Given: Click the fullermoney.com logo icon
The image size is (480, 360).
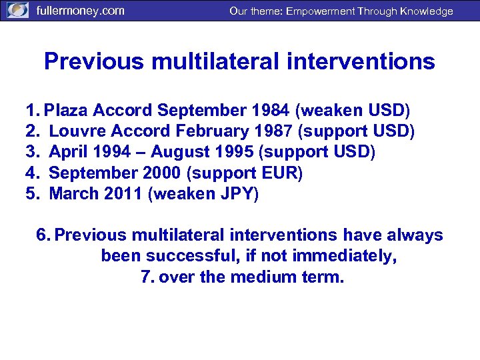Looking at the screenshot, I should (x=18, y=11).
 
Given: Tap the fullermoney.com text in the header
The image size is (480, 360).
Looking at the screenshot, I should (x=79, y=11).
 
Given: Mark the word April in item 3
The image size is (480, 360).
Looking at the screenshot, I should (x=68, y=152).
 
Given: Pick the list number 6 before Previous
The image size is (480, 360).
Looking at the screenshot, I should (x=43, y=235).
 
